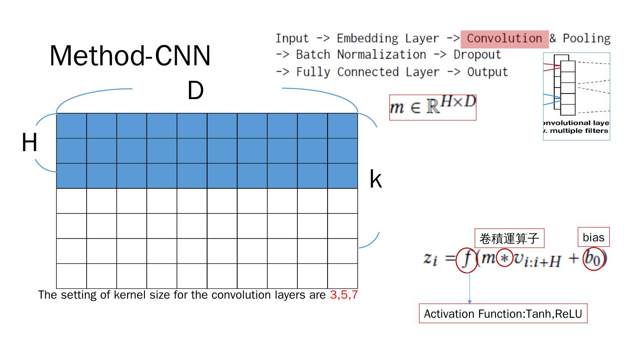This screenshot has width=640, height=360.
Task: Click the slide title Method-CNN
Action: [130, 56]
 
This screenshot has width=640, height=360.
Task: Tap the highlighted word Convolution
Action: [504, 39]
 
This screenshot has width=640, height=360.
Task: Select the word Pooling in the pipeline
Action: [586, 39]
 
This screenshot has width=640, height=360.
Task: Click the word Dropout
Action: [477, 55]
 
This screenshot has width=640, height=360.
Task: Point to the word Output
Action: [487, 72]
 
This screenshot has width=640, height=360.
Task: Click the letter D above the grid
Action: [195, 91]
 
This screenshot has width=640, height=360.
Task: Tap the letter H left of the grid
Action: [29, 144]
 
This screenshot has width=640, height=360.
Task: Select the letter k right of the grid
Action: [376, 180]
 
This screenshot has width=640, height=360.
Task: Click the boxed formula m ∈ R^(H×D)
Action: [432, 107]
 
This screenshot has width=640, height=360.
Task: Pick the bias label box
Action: [594, 237]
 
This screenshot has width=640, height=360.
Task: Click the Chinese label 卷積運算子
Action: [509, 239]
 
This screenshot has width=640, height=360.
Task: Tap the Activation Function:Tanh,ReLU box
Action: [503, 314]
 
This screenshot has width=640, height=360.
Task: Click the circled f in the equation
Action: [466, 259]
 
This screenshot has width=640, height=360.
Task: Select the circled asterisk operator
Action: [504, 258]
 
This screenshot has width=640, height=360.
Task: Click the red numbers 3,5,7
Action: [344, 295]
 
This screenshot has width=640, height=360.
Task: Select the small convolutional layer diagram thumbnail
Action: [576, 96]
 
